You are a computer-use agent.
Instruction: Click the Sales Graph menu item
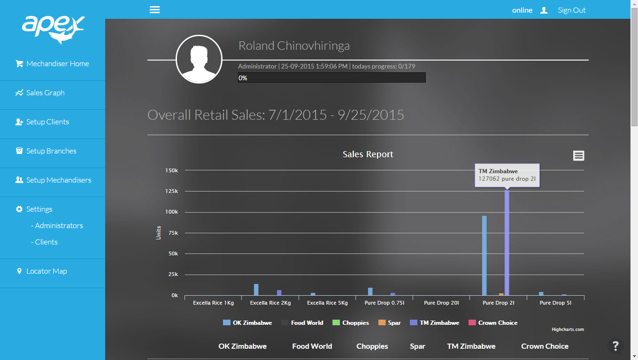click(x=45, y=93)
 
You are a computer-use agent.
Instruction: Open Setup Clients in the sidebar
click(x=47, y=122)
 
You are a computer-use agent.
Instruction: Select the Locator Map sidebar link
click(x=46, y=271)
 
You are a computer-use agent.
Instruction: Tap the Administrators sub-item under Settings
click(x=59, y=226)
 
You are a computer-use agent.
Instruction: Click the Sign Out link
click(x=571, y=10)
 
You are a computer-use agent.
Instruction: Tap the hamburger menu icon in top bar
click(x=154, y=10)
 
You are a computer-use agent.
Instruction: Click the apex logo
click(x=53, y=29)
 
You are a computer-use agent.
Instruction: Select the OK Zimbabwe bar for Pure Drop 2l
click(x=484, y=256)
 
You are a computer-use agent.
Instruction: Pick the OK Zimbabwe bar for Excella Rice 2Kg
click(x=256, y=290)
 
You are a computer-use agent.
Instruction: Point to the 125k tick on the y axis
click(x=171, y=191)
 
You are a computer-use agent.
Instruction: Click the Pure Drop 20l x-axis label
click(x=441, y=303)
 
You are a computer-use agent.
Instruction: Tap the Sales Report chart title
click(x=368, y=154)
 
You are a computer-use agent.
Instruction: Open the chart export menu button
click(x=579, y=156)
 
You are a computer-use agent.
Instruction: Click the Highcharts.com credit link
click(x=568, y=329)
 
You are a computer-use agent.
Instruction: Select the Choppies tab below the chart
click(x=372, y=346)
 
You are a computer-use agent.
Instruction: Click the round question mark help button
click(x=615, y=346)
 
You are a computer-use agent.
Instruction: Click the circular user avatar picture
click(x=199, y=60)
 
